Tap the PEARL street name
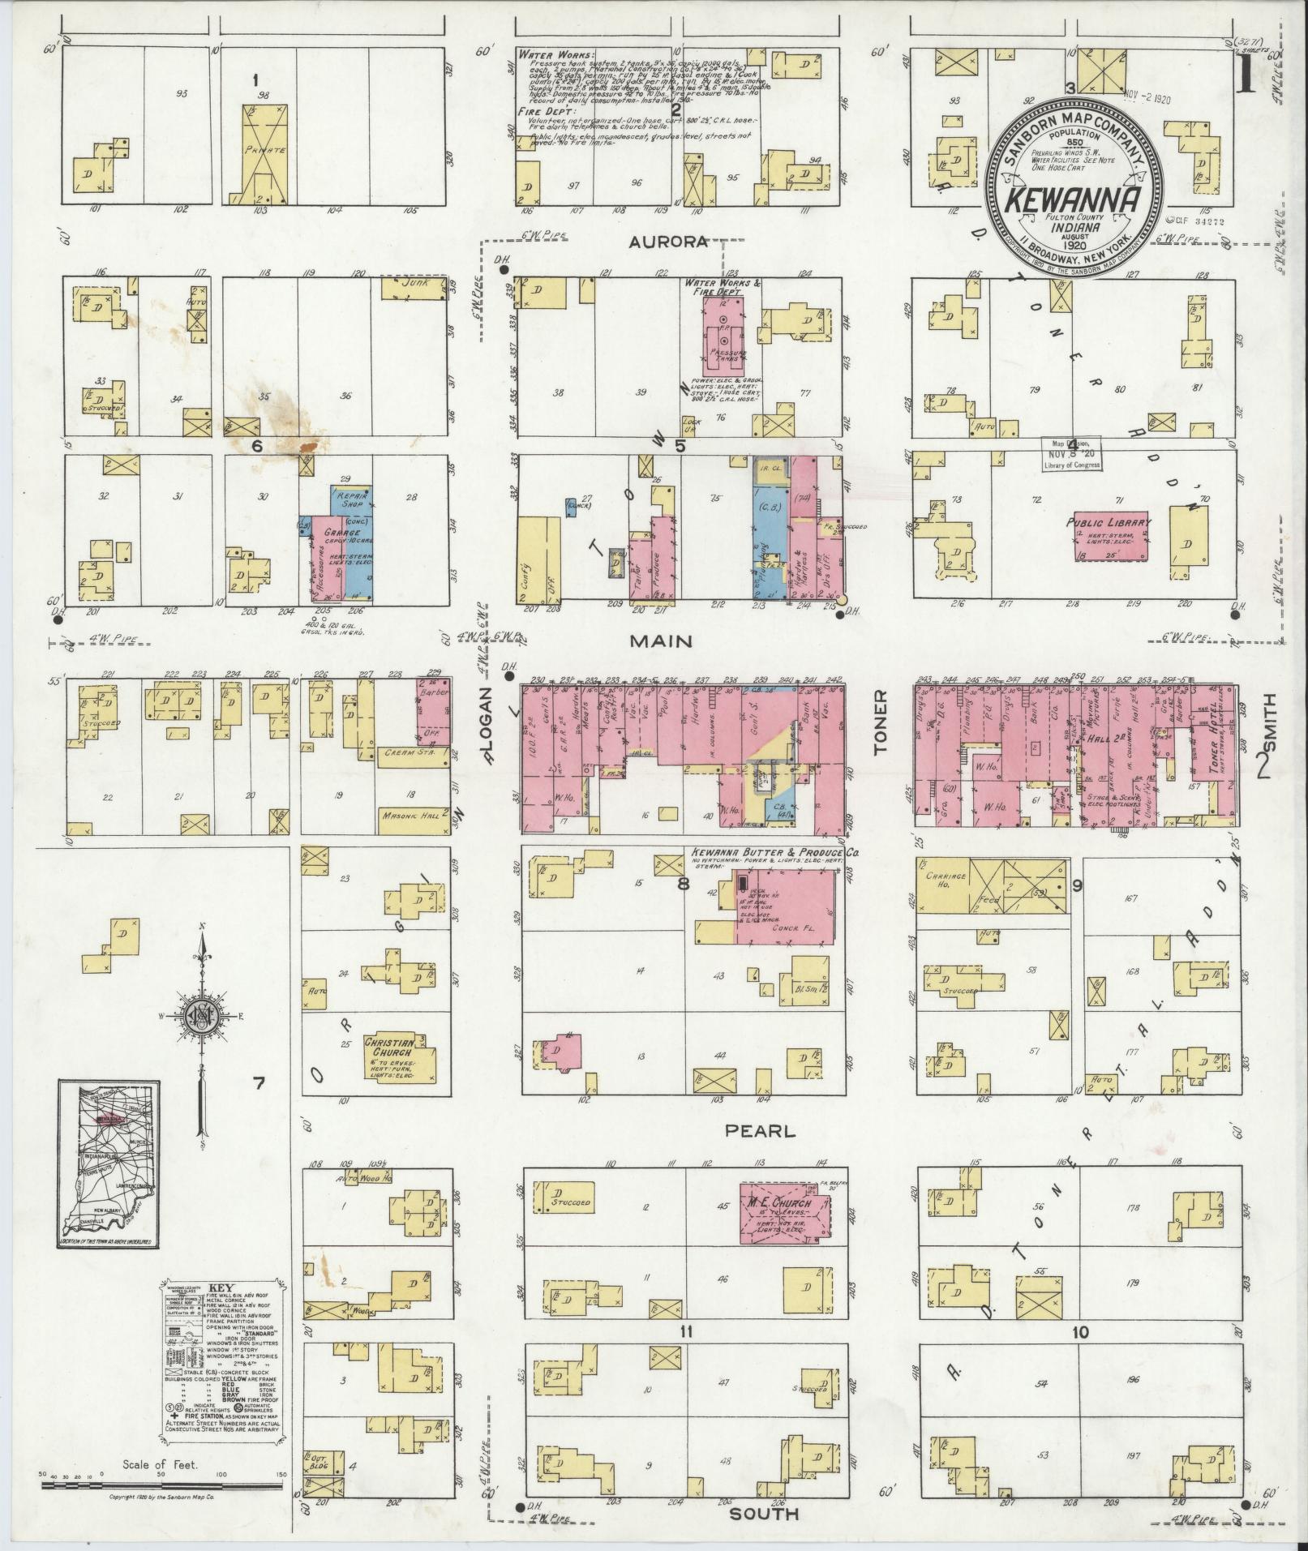click(x=761, y=1131)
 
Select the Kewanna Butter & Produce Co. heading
click(x=774, y=854)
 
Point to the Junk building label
click(x=414, y=285)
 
